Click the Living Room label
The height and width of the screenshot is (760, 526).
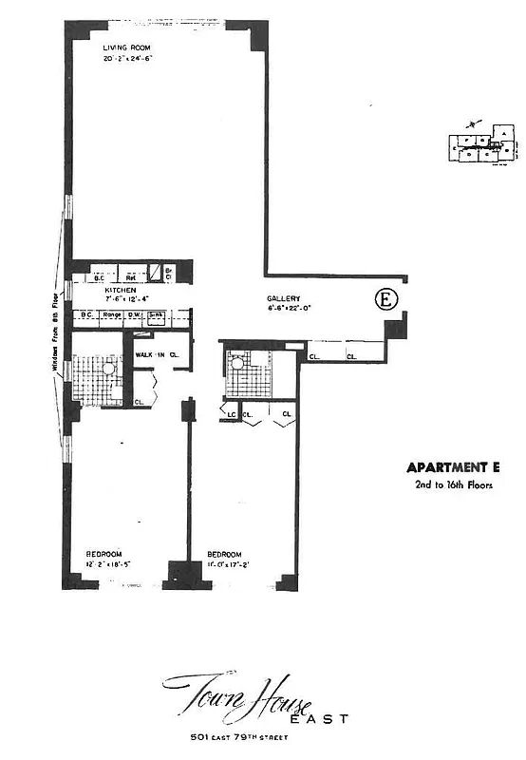point(128,47)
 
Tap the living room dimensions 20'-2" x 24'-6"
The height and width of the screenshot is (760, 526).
point(128,59)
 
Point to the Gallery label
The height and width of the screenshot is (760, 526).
point(284,298)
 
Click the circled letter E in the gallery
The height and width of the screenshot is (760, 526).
point(386,298)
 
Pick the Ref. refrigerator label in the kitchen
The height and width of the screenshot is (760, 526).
point(131,277)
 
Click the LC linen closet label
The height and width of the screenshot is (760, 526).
point(231,414)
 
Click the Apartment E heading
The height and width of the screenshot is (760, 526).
point(452,466)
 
